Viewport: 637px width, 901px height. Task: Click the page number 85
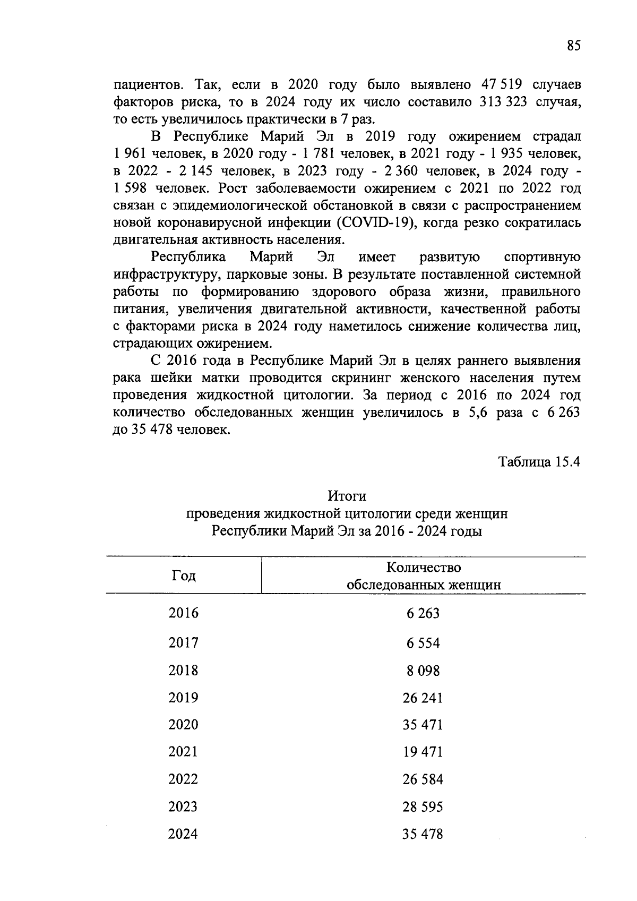coord(574,46)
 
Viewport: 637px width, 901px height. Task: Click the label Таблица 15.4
coord(539,462)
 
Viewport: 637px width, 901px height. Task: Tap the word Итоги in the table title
coord(347,496)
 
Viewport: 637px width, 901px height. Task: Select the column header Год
coord(184,576)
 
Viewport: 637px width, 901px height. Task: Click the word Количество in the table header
coord(423,568)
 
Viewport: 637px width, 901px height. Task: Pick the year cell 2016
coord(184,613)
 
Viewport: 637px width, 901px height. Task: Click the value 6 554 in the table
coord(423,643)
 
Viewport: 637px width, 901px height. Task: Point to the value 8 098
coord(423,671)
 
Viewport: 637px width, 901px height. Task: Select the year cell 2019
coord(184,698)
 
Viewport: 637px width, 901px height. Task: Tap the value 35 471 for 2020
coord(423,725)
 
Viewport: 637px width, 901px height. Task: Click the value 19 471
coord(423,752)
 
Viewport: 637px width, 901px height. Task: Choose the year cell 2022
coord(184,779)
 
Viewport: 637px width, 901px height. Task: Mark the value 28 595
coord(423,807)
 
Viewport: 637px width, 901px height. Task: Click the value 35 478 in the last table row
coord(423,834)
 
